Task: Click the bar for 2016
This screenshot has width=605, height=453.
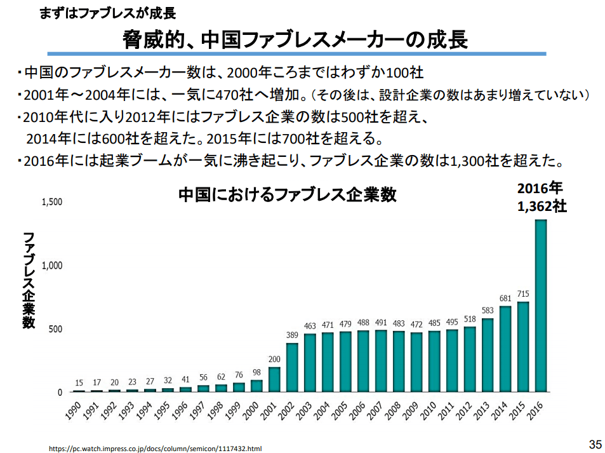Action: (x=541, y=306)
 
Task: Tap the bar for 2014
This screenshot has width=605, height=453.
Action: (x=505, y=349)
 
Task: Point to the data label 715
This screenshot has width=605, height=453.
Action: (x=523, y=294)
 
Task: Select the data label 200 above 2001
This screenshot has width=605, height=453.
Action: (x=274, y=359)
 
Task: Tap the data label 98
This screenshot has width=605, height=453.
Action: (x=256, y=372)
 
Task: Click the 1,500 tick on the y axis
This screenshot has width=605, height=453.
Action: (x=52, y=202)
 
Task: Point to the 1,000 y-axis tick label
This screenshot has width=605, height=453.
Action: (x=52, y=266)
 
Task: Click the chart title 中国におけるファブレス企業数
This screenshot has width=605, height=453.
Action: (x=287, y=194)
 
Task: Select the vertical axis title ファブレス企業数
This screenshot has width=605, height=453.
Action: (x=29, y=280)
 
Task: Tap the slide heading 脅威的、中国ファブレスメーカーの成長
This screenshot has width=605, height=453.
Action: (x=295, y=41)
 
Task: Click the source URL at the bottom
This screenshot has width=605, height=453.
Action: (x=156, y=449)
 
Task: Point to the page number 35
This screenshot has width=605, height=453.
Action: (x=595, y=443)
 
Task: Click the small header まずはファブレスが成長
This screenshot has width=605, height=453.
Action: (x=107, y=13)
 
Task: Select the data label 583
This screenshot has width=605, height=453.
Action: (x=488, y=311)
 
